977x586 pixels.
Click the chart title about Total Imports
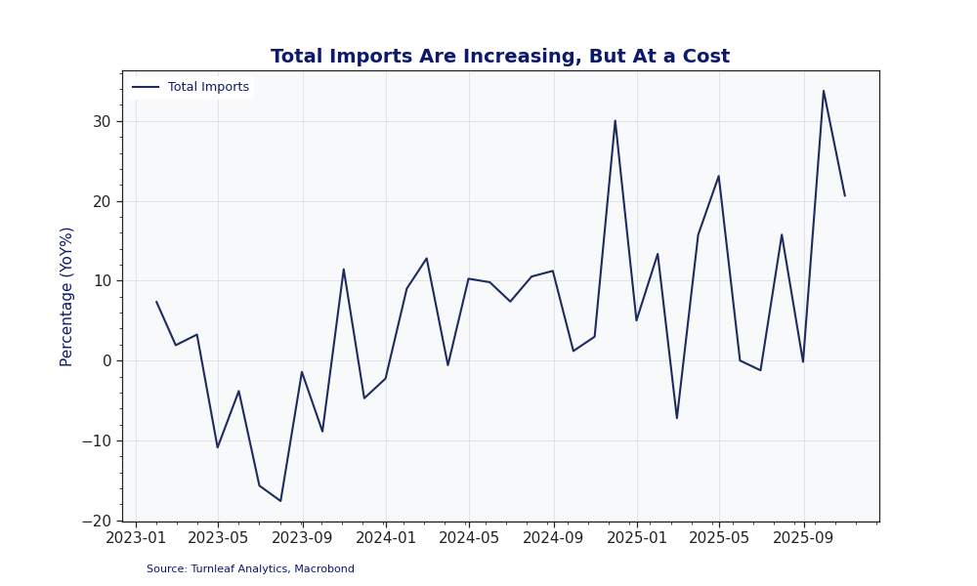click(499, 57)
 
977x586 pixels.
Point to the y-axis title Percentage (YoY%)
click(67, 296)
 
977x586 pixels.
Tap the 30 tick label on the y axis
click(102, 122)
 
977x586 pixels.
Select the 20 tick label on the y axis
click(102, 201)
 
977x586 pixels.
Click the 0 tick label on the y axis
click(106, 360)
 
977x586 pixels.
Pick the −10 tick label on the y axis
click(97, 440)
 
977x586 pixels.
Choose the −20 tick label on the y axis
click(97, 521)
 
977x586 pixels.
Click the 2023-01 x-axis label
click(136, 538)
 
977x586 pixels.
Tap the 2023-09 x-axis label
click(302, 538)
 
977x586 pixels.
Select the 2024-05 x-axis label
click(469, 538)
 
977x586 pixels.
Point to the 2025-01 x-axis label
click(637, 538)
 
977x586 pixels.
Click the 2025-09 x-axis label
click(804, 538)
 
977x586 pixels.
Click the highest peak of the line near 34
click(824, 91)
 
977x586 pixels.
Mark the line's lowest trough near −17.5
click(280, 501)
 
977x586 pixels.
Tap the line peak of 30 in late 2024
click(615, 120)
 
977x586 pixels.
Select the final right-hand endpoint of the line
click(845, 195)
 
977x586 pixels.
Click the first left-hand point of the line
click(156, 302)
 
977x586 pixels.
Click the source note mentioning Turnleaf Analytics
click(250, 568)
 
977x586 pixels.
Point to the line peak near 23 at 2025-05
click(718, 176)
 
